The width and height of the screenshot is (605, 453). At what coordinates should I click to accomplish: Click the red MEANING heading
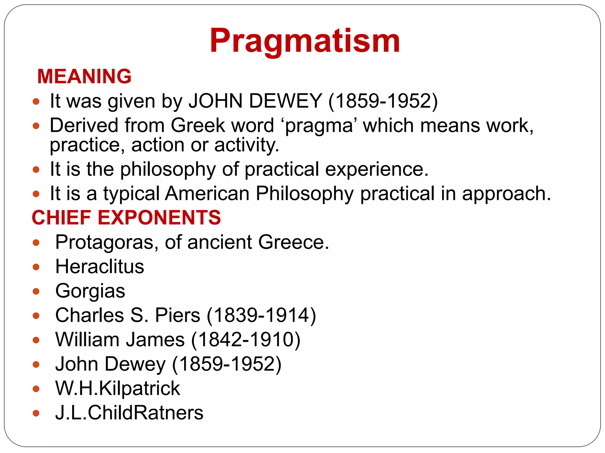pos(84,76)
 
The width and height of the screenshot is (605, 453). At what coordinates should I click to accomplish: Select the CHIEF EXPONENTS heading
pos(126,218)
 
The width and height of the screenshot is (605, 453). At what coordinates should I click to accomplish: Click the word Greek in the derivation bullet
pos(198,126)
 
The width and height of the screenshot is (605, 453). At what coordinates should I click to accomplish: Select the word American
pos(207,194)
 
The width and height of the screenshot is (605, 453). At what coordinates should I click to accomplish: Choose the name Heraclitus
pos(100,267)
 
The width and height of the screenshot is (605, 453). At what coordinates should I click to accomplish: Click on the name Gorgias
pos(90,291)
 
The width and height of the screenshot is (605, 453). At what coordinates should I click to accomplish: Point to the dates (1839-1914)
pos(261,315)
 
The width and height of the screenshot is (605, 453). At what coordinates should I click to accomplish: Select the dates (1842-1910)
pos(246,340)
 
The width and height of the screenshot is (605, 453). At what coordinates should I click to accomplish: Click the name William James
pos(120,340)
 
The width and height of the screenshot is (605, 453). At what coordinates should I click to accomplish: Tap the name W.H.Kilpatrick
pos(118,388)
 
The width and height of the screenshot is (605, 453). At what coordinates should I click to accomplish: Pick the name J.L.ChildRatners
pos(129,413)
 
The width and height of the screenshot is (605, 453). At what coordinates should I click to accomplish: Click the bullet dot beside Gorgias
pos(36,291)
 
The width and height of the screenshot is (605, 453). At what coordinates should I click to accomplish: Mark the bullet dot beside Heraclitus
pos(36,267)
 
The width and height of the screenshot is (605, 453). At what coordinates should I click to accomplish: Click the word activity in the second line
pos(246,145)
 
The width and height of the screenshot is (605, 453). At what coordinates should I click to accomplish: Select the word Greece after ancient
pos(293,242)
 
